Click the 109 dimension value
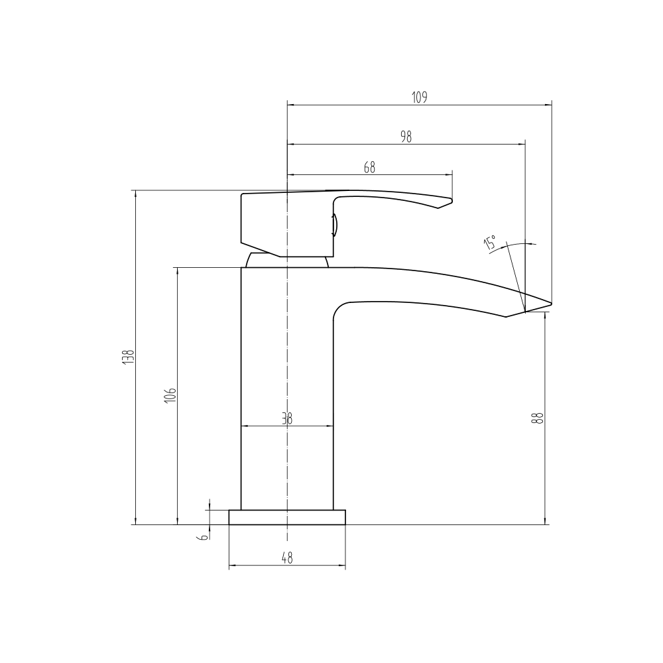pyautogui.click(x=419, y=97)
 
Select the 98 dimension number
pyautogui.click(x=406, y=137)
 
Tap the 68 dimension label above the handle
pyautogui.click(x=369, y=168)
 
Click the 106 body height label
pyautogui.click(x=170, y=395)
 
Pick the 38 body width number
pyautogui.click(x=286, y=419)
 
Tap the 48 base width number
pyautogui.click(x=286, y=559)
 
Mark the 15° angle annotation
pyautogui.click(x=491, y=243)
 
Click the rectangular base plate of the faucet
pyautogui.click(x=287, y=517)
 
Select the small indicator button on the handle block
pyautogui.click(x=335, y=225)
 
